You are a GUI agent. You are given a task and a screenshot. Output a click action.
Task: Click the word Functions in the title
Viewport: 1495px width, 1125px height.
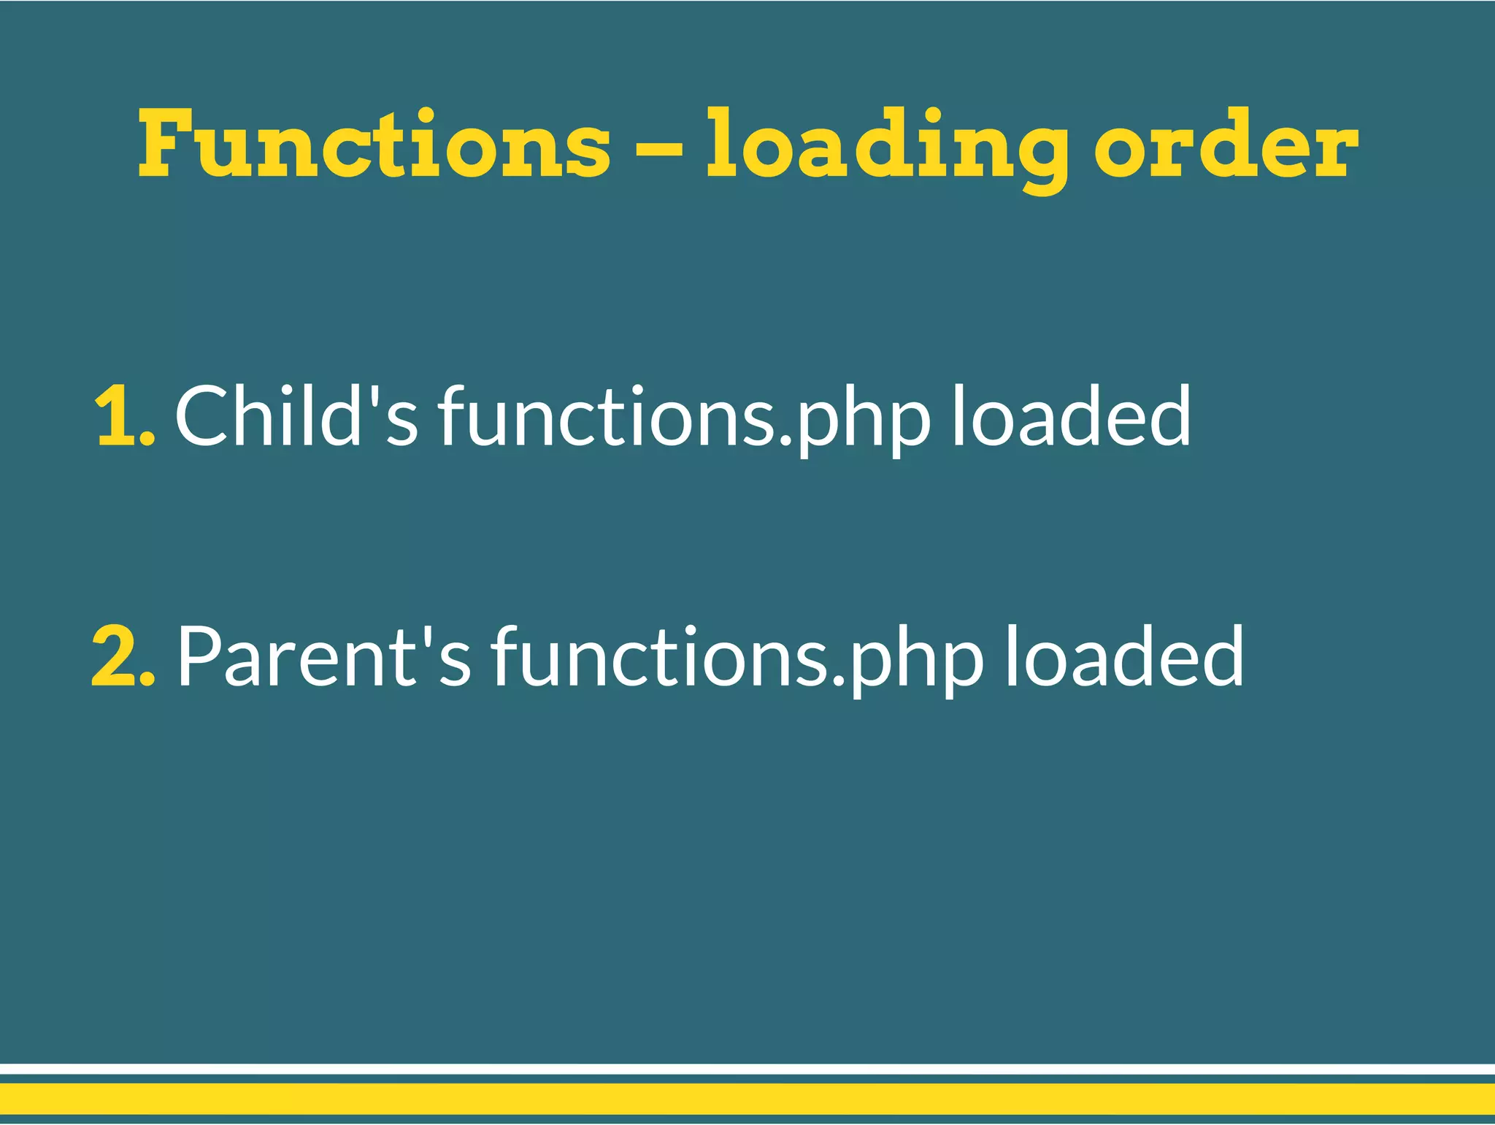click(374, 144)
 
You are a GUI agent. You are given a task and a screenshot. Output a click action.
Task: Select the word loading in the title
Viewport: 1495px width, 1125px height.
click(886, 146)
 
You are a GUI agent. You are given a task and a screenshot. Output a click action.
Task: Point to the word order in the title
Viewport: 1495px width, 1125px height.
click(1226, 144)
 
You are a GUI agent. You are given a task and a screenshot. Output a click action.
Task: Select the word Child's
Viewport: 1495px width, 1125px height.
click(296, 415)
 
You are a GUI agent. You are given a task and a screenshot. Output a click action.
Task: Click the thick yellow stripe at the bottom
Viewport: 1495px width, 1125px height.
click(747, 1099)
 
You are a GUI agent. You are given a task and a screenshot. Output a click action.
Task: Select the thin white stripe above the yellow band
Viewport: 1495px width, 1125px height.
click(747, 1069)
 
